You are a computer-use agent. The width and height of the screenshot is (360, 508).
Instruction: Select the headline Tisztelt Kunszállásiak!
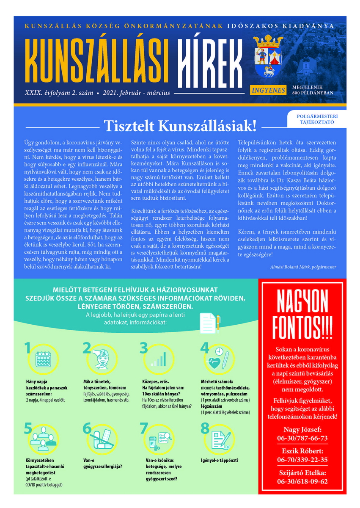[x=180, y=126]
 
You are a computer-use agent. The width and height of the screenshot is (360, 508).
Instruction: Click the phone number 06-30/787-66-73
[x=302, y=438]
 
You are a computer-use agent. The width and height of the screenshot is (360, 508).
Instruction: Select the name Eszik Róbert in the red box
[x=302, y=451]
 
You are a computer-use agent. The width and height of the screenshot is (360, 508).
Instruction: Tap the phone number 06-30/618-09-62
[x=302, y=481]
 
